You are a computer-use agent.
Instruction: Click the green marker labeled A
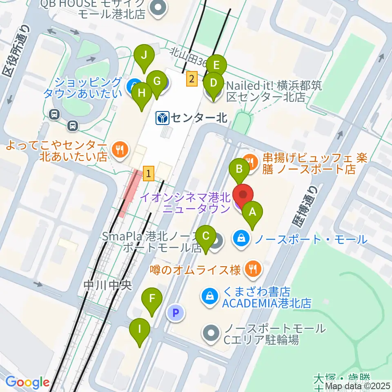[x=252, y=212]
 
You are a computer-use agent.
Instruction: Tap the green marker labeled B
[x=240, y=169]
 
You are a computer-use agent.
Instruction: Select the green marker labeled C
[x=206, y=236]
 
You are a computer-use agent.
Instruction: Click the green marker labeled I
[x=139, y=329]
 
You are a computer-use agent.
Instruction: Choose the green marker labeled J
[x=144, y=55]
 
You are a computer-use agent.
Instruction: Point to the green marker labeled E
[x=216, y=65]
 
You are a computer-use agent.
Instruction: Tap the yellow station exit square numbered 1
[x=149, y=174]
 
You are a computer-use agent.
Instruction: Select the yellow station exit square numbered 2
[x=192, y=78]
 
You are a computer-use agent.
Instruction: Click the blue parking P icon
[x=176, y=313]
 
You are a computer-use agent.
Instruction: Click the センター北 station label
[x=192, y=118]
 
